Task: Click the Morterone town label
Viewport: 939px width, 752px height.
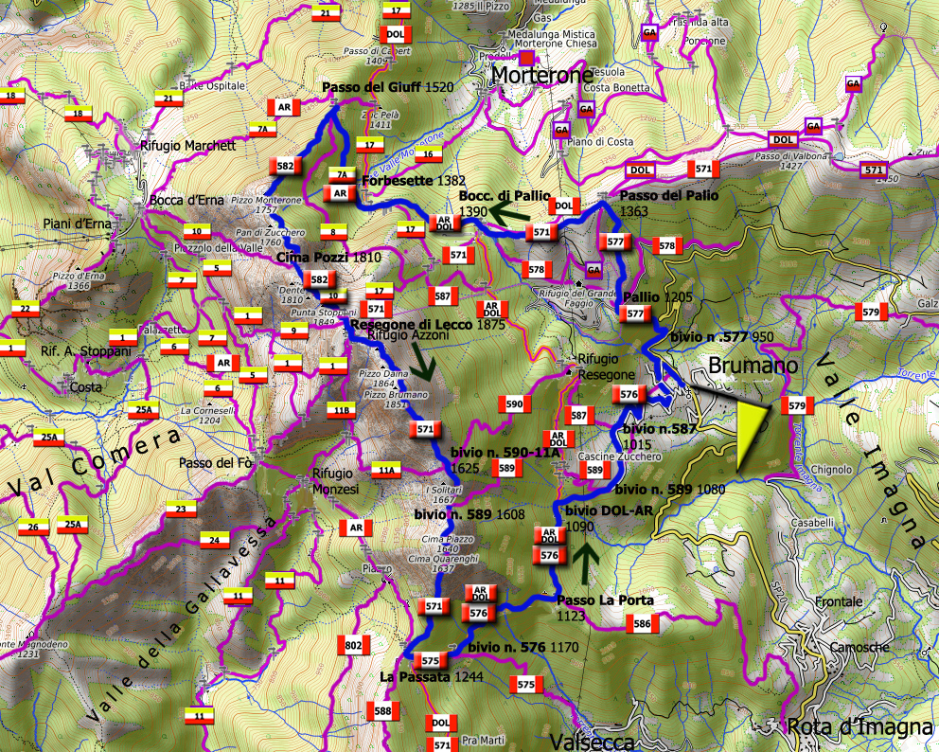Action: [542, 75]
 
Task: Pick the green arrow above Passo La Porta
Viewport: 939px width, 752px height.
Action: [587, 562]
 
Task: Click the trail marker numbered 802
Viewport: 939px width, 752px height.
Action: [353, 646]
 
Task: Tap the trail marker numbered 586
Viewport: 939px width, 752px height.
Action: [642, 624]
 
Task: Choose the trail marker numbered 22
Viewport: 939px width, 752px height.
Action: [24, 308]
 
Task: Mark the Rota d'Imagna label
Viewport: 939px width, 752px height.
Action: [859, 726]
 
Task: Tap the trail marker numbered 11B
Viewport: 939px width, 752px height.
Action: [343, 410]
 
